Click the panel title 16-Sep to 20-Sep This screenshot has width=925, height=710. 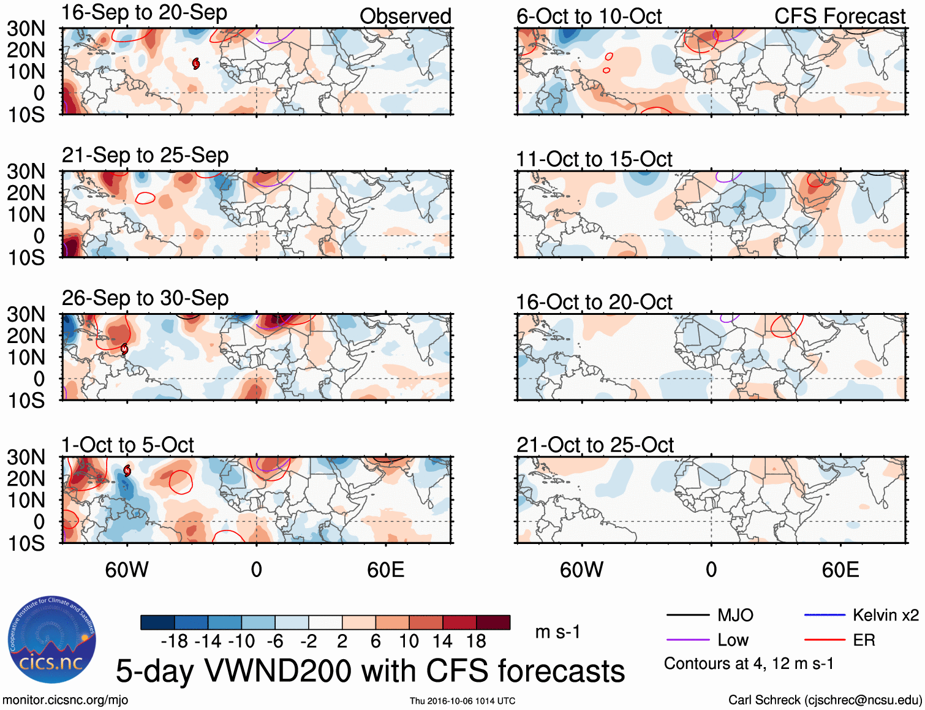pos(145,12)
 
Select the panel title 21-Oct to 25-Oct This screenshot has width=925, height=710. pos(595,445)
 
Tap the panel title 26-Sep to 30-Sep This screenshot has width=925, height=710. pos(145,298)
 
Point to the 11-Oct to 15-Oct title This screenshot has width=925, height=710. pos(594,159)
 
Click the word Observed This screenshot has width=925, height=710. pos(405,17)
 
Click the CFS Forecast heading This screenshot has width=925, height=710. pos(839,17)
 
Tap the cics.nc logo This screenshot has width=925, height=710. pos(52,640)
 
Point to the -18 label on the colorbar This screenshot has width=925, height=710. pos(174,641)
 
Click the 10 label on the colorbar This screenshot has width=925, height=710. pos(409,641)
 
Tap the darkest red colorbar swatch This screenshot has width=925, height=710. pos(493,622)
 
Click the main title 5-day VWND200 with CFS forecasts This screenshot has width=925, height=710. pos(370,671)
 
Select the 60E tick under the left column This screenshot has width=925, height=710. pos(385,570)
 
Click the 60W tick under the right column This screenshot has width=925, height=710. pos(581,570)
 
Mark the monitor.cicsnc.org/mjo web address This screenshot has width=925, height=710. pos(66,700)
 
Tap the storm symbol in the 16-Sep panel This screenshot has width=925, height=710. pos(196,63)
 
